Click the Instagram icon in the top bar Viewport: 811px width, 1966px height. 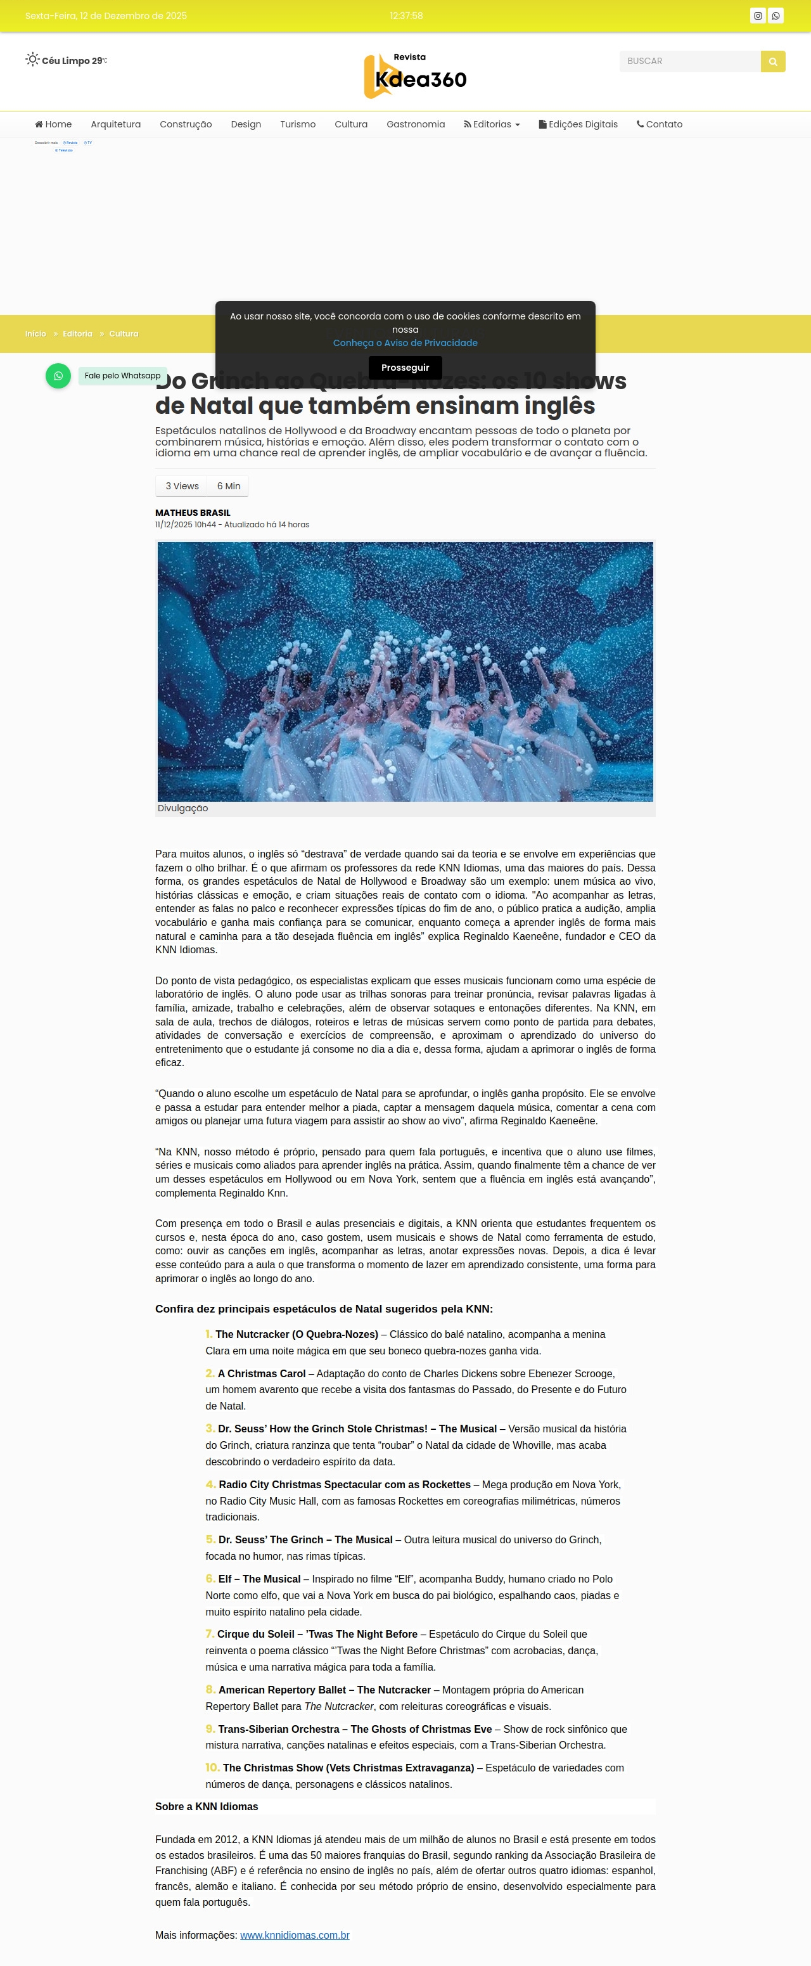coord(758,16)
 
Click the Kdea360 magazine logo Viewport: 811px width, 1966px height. coord(415,75)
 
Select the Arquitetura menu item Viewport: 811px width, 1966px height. coord(116,124)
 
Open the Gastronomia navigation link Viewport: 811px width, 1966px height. coord(415,124)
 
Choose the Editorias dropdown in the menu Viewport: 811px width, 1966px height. coord(492,124)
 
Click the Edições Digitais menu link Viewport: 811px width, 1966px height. coord(578,124)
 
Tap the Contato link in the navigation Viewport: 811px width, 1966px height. coord(660,124)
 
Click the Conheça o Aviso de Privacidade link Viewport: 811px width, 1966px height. coord(405,343)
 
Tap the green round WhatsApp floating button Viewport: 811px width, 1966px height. coord(58,375)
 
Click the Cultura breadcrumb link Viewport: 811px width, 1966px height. coord(124,334)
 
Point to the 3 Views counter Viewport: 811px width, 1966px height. coord(182,486)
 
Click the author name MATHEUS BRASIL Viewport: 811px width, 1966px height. coord(192,513)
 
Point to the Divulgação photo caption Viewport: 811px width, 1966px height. coord(182,808)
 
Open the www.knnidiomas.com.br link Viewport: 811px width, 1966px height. coord(295,1935)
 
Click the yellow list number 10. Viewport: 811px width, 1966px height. coord(212,1768)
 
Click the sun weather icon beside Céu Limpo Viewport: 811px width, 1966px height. coord(32,60)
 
